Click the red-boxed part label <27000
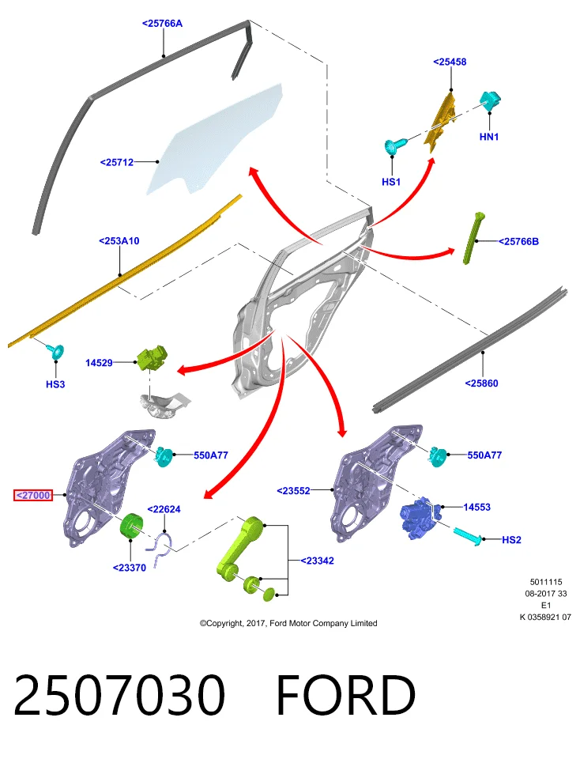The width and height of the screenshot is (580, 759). [33, 495]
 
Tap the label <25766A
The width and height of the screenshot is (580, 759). [163, 23]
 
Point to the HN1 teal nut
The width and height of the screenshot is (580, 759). [491, 100]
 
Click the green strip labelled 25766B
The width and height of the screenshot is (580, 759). [473, 238]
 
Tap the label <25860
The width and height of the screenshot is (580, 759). [481, 383]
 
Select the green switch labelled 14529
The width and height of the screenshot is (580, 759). [152, 357]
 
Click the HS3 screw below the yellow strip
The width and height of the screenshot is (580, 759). [55, 351]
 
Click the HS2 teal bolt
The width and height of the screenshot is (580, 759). [467, 536]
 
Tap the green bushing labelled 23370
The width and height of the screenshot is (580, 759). [132, 525]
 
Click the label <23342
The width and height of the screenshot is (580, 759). [318, 561]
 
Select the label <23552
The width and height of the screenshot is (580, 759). [294, 491]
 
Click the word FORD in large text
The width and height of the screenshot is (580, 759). [346, 695]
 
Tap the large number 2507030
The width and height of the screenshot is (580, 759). [119, 695]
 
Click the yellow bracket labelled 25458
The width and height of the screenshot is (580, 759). [440, 121]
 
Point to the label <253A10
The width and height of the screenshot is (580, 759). [119, 240]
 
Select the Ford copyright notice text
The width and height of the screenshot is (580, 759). [288, 623]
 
